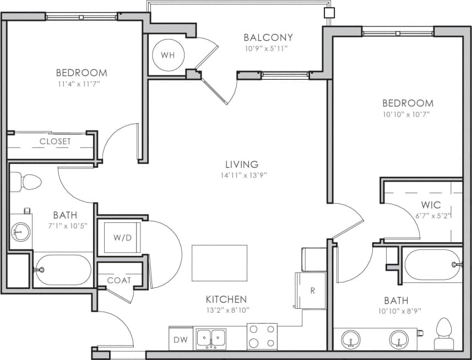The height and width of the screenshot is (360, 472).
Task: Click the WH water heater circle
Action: click(168, 56)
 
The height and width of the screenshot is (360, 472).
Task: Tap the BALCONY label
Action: click(268, 37)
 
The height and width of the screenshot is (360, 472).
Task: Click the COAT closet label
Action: click(119, 280)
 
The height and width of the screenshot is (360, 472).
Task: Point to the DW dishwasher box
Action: click(179, 339)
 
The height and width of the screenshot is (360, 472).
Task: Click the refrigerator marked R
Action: click(312, 290)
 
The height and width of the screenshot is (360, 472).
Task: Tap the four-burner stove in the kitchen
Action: click(262, 336)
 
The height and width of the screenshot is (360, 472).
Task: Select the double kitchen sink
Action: click(211, 337)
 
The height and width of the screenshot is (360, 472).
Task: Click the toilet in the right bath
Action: click(443, 334)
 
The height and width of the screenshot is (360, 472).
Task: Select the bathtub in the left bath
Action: click(62, 269)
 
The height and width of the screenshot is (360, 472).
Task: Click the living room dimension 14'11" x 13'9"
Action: click(241, 176)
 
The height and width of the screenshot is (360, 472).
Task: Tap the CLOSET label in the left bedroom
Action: click(55, 141)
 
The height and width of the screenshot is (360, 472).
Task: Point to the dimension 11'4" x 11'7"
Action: click(81, 84)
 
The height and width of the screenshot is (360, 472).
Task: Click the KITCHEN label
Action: click(226, 299)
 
